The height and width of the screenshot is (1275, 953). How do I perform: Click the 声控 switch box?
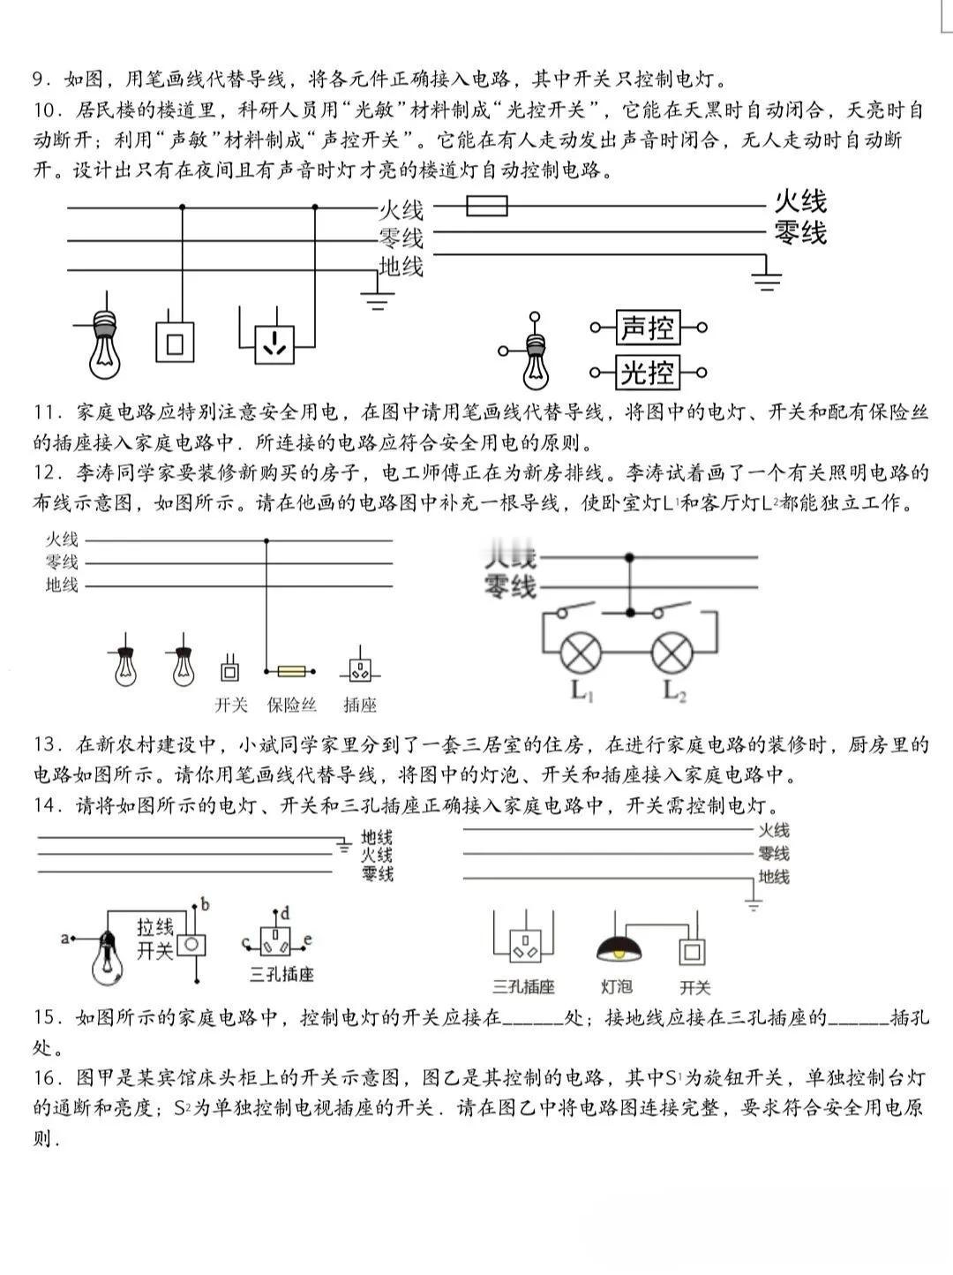point(647,328)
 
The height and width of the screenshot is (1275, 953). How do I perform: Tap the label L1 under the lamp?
point(580,690)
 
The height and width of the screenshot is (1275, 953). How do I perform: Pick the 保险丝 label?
point(292,705)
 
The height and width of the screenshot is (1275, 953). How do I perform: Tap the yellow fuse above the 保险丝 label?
point(292,672)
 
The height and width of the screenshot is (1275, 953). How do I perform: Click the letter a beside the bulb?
point(64,938)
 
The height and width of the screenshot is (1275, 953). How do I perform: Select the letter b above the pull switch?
point(205,904)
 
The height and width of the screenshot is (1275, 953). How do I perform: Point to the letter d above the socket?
point(285,914)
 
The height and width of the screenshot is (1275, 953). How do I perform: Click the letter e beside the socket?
point(307,939)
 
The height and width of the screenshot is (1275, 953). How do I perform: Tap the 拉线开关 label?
point(155,939)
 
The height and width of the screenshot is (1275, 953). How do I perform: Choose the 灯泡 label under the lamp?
point(616,987)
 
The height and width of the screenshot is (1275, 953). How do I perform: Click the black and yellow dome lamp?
point(619,948)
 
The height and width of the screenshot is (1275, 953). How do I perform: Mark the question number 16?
point(45,1078)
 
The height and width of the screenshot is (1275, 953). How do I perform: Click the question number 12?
point(45,473)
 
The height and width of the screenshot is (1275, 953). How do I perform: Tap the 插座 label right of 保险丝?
point(360,705)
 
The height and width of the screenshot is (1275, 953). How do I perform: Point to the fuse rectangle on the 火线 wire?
point(486,207)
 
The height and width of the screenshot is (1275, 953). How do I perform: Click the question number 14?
point(45,805)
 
